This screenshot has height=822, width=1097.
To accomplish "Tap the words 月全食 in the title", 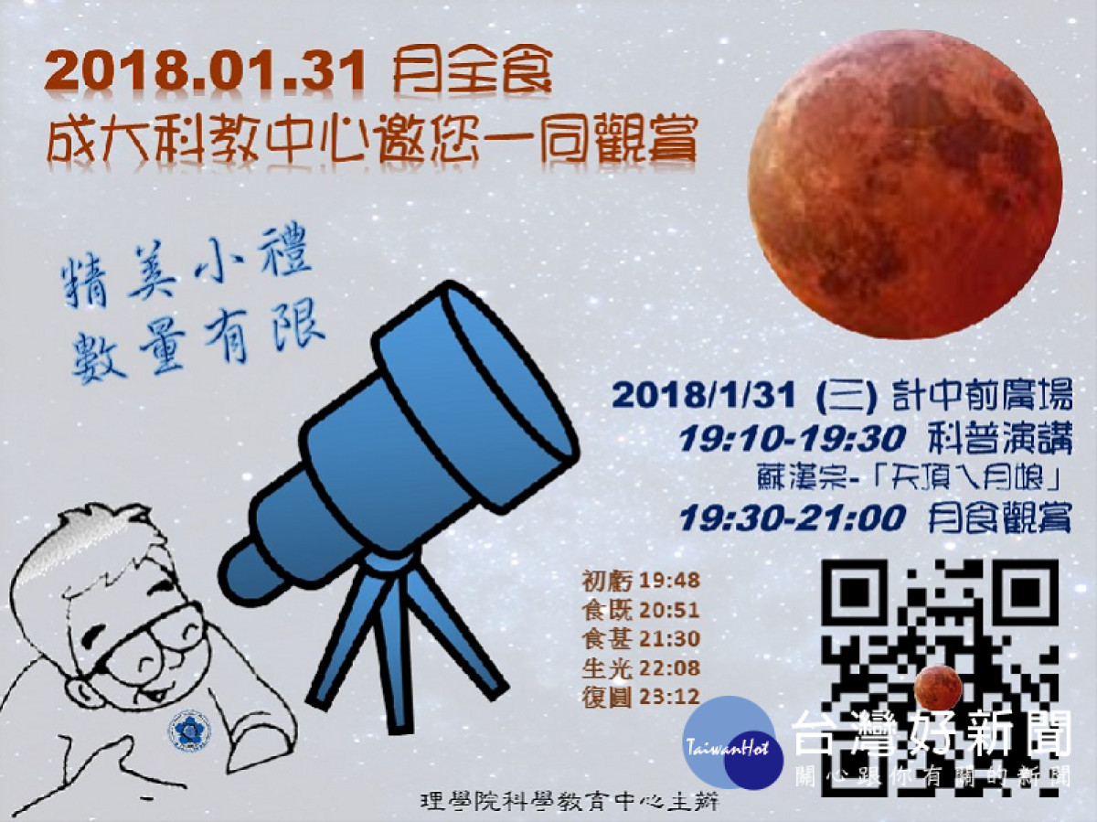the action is pyautogui.click(x=473, y=72).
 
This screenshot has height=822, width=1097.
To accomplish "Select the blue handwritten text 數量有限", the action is pyautogui.click(x=197, y=339).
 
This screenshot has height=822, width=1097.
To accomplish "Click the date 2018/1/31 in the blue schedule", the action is pyautogui.click(x=704, y=396).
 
